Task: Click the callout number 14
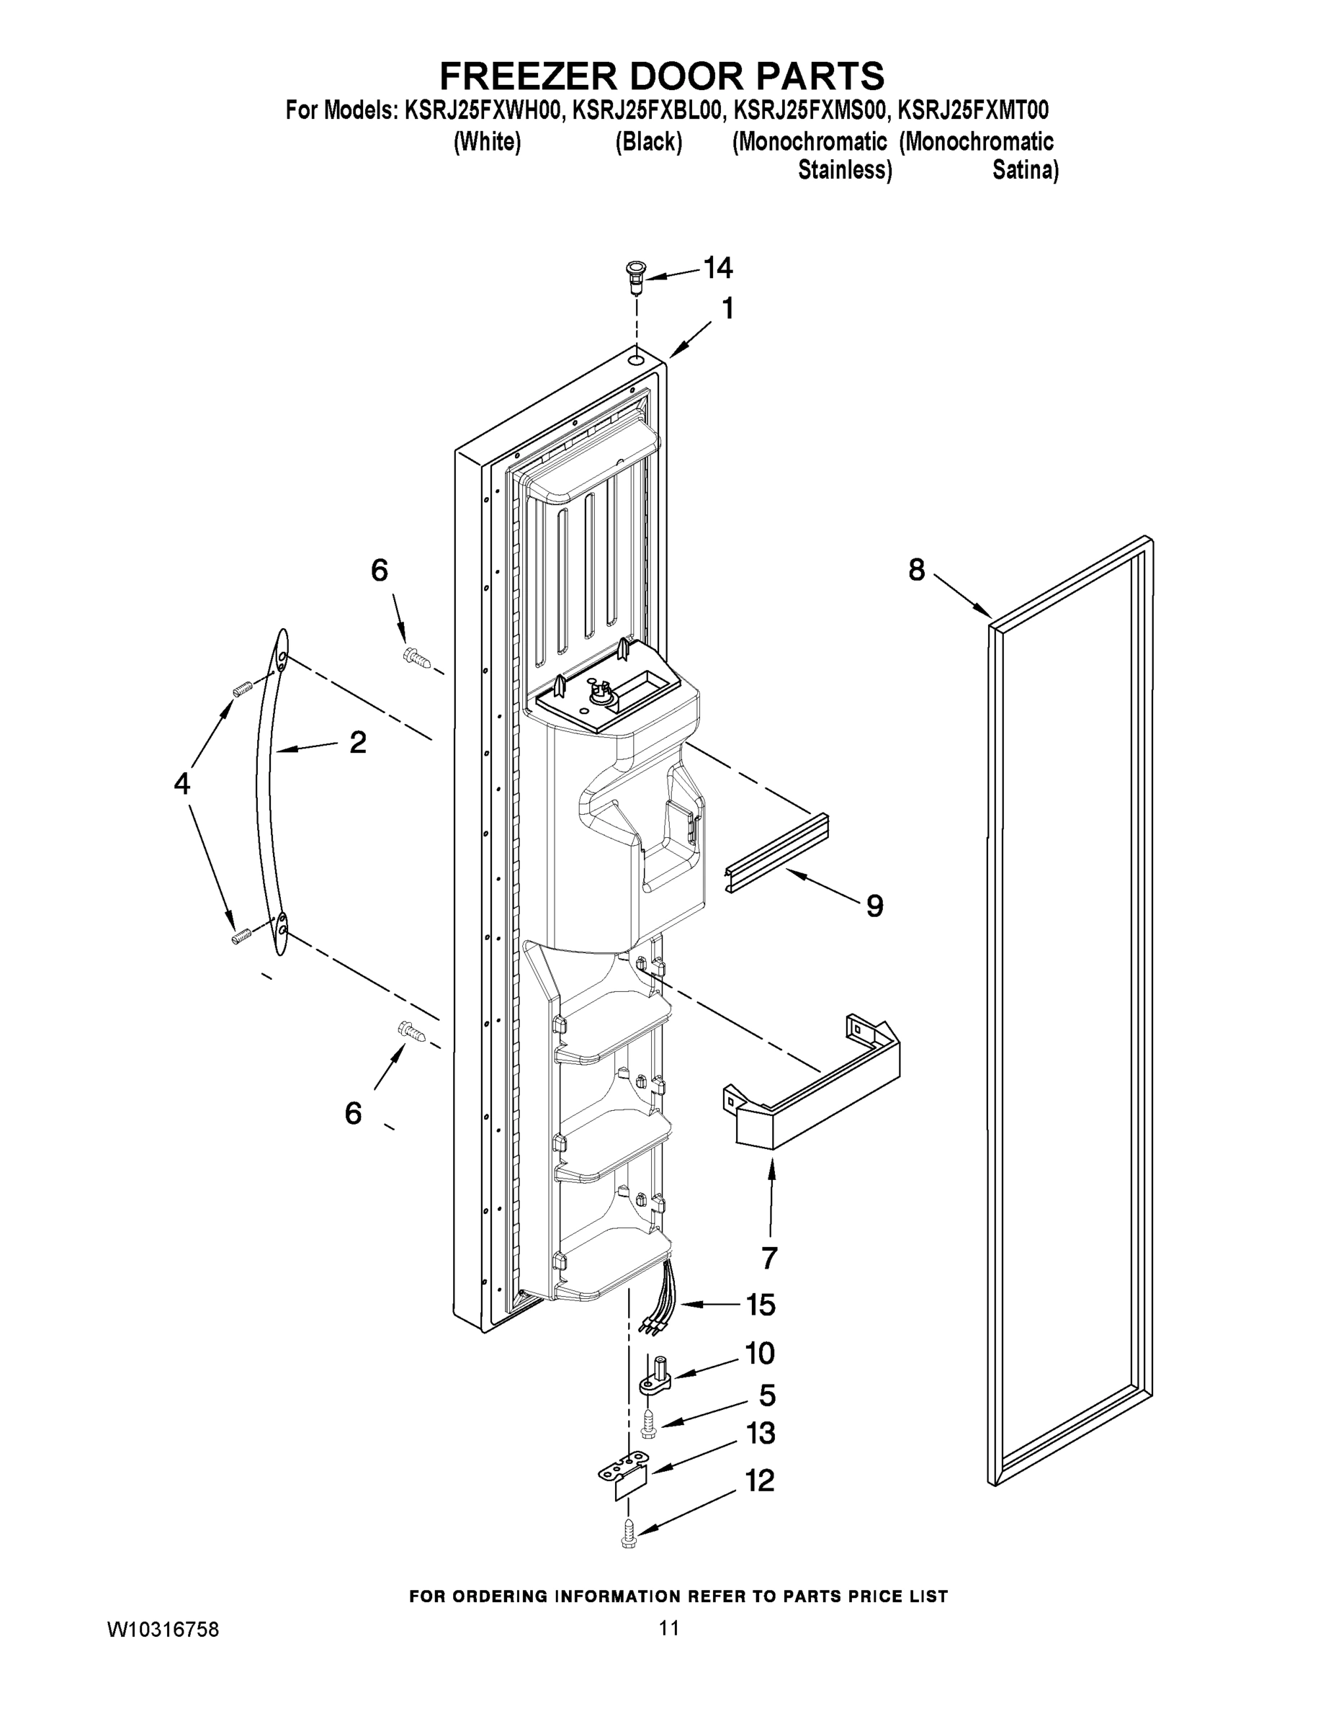[x=718, y=269]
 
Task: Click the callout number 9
[x=874, y=906]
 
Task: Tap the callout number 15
[x=761, y=1305]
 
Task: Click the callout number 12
[x=760, y=1480]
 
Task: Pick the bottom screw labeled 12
[x=630, y=1531]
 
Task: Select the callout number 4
[x=182, y=784]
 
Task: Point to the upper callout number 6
[x=380, y=570]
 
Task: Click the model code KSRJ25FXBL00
[x=647, y=110]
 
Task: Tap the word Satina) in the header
[x=1026, y=170]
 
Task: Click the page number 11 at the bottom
[x=669, y=1628]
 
